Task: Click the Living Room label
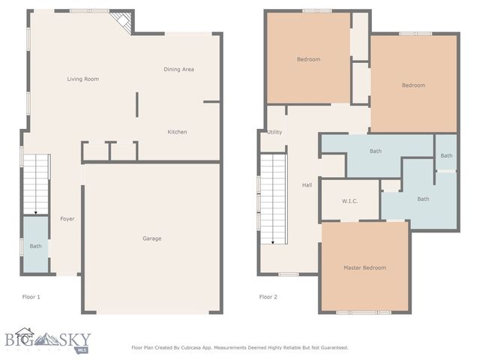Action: [82, 79]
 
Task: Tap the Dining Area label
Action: [179, 69]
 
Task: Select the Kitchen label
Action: [177, 132]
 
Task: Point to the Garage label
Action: [152, 238]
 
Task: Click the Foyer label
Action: [67, 219]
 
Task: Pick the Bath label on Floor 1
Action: [35, 246]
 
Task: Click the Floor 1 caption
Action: [31, 297]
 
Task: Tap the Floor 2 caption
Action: [268, 297]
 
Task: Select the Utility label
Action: [274, 132]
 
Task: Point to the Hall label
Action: [307, 184]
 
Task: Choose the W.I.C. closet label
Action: [349, 200]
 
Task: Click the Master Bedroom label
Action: [365, 268]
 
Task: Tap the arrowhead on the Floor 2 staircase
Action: [273, 241]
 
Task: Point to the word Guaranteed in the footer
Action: [331, 348]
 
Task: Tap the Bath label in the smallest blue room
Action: [446, 155]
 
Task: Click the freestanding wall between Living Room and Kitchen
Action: [136, 104]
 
